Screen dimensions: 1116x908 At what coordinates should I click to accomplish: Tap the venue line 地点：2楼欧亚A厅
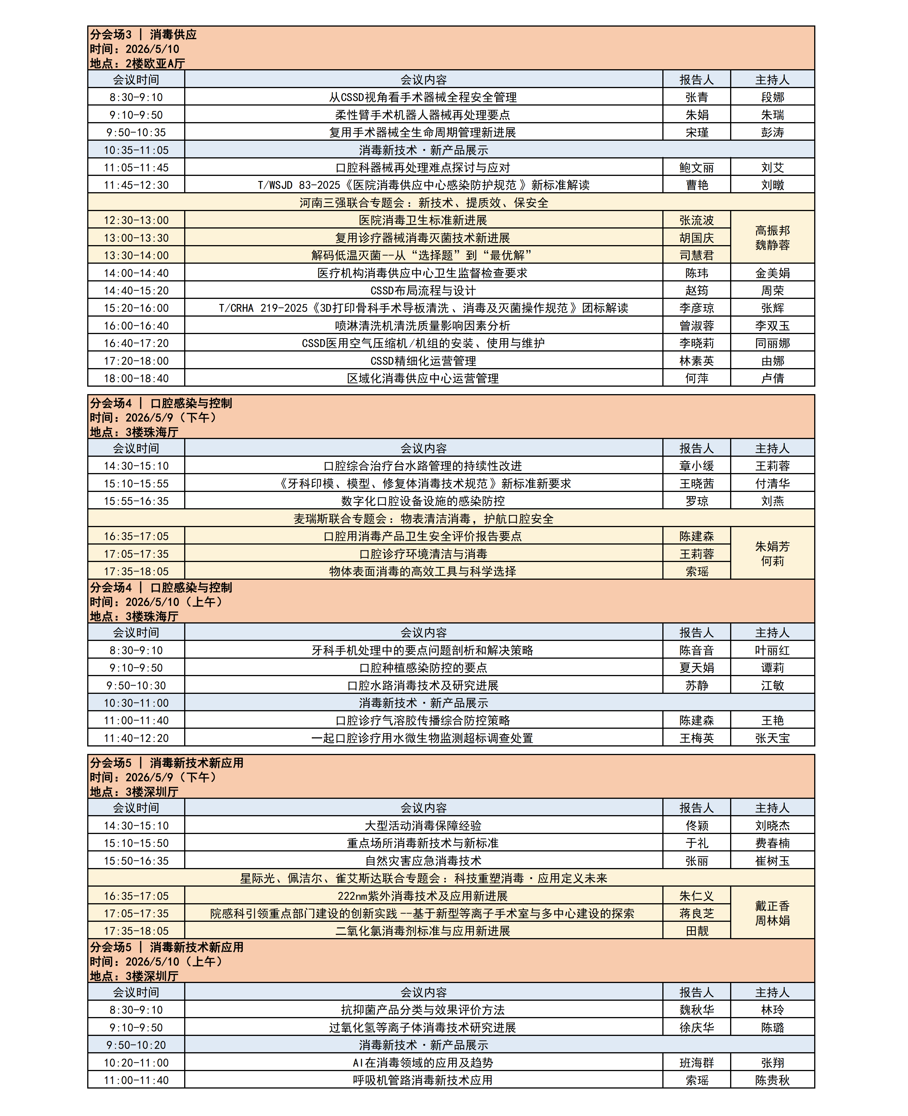click(138, 63)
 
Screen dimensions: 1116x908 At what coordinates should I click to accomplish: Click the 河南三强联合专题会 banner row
click(424, 202)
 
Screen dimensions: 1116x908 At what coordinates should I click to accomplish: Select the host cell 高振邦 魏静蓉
click(772, 237)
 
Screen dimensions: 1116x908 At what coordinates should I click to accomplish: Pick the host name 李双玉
click(772, 325)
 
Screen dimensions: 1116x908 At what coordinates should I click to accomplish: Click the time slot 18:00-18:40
click(136, 378)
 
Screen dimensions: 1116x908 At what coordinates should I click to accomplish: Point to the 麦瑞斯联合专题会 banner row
click(424, 518)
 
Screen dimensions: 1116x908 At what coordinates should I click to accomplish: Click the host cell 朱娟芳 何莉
click(772, 553)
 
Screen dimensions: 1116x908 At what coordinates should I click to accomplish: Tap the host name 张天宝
click(772, 738)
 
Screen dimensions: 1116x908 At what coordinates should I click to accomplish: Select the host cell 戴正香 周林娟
click(772, 913)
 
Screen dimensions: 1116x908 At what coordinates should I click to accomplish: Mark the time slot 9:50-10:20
click(136, 1045)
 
